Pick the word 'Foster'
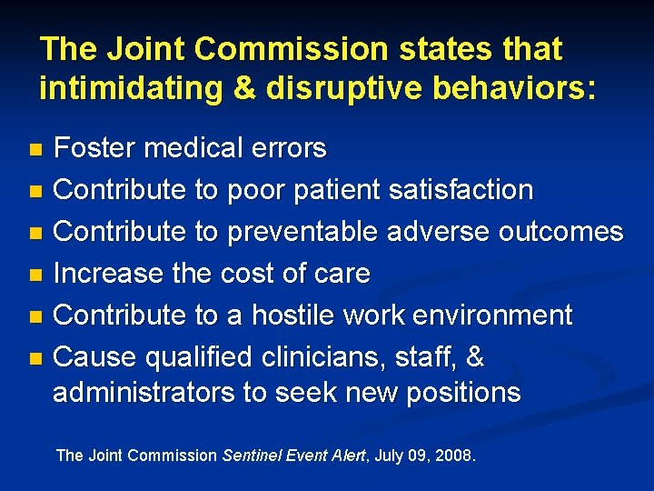pos(92,147)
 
